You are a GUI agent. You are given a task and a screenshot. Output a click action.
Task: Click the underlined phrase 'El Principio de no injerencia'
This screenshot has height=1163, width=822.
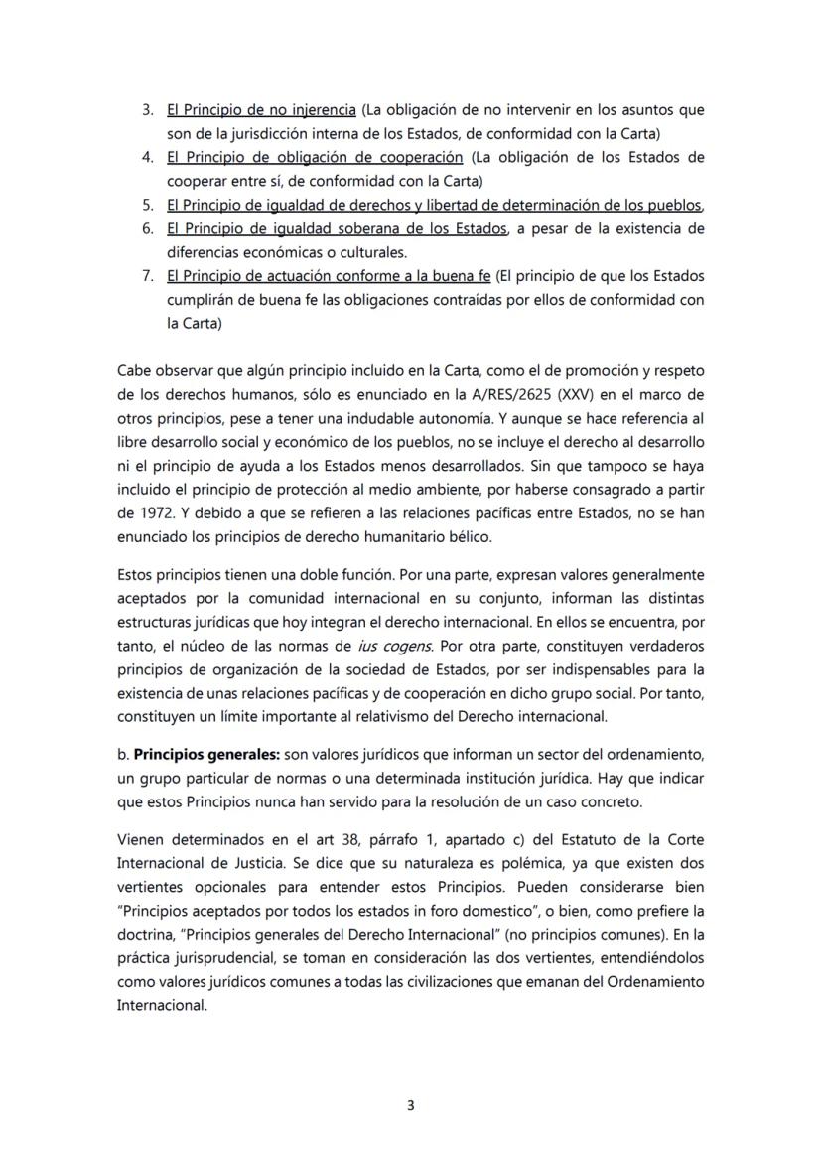(261, 109)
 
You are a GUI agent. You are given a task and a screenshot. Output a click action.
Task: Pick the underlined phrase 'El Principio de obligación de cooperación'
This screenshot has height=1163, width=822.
(315, 157)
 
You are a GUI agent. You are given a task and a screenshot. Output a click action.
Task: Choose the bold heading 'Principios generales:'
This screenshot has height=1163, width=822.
(200, 753)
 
